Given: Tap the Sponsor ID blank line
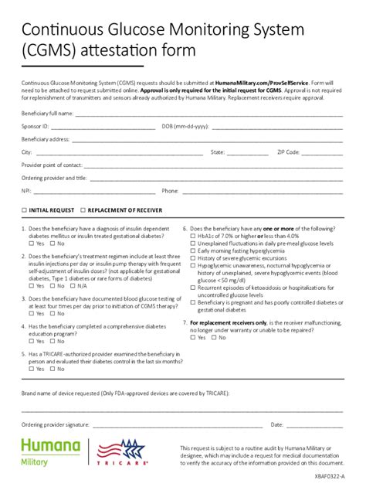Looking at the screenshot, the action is click(x=103, y=127).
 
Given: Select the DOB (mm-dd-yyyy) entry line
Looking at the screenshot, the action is click(x=276, y=127).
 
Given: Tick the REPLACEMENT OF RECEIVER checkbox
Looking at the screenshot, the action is click(x=83, y=210).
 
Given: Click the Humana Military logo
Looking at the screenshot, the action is click(x=51, y=452).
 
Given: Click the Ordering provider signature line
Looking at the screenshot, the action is click(x=177, y=426).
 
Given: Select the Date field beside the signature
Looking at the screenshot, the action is click(x=315, y=426).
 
